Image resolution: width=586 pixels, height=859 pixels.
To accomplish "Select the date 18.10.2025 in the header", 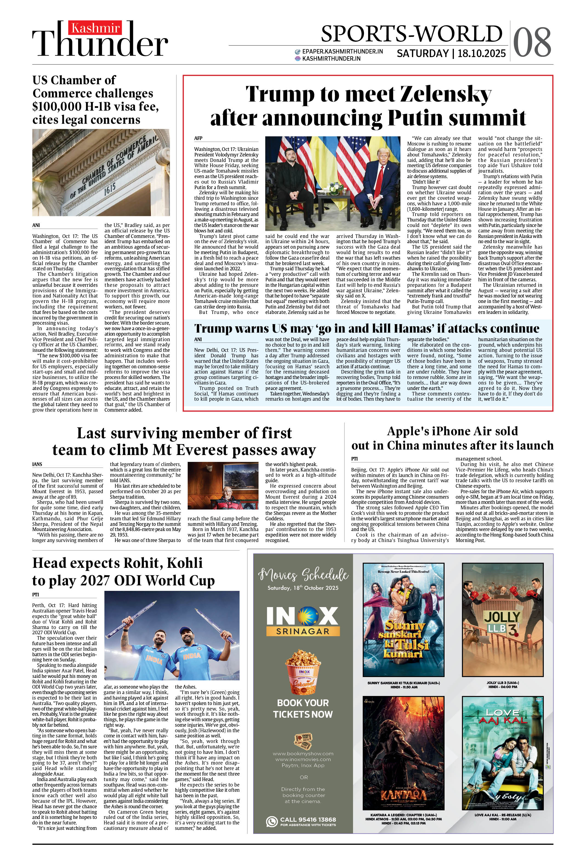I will (x=482, y=54).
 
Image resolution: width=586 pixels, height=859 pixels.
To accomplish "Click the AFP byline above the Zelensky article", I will (x=198, y=138).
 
